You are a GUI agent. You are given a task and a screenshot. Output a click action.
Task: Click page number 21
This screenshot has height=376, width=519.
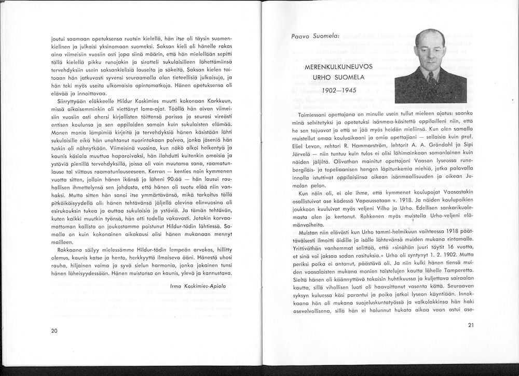pos(471,325)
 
